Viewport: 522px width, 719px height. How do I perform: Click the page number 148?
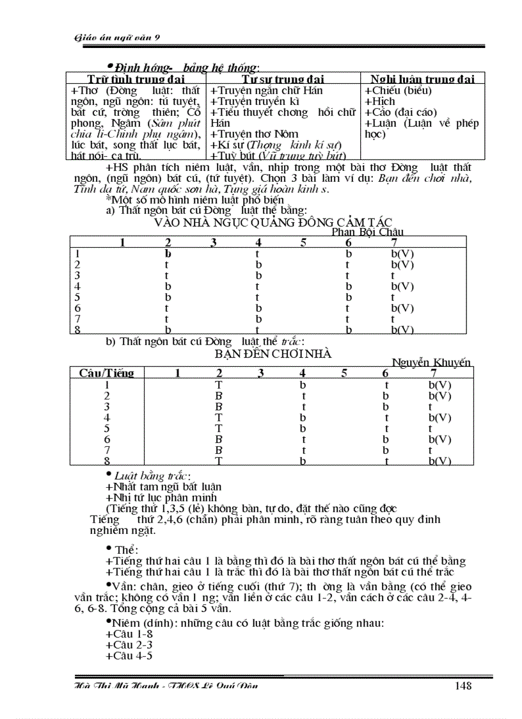pos(463,686)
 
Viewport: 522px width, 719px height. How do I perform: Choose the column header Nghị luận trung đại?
pos(423,79)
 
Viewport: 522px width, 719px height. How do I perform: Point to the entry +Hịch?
pos(380,101)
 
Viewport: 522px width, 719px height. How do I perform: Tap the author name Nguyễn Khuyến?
pos(431,362)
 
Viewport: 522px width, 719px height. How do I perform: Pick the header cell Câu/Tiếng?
pos(106,373)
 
